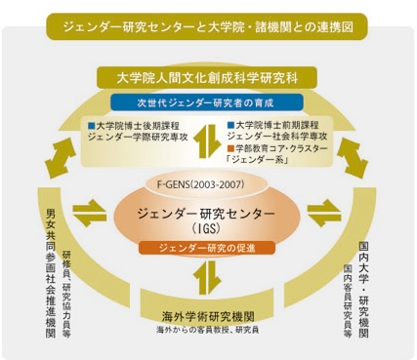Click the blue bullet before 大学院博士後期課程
91,125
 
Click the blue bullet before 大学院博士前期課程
229,125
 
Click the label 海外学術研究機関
207,316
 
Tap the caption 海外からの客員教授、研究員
207,331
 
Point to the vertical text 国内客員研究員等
347,298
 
